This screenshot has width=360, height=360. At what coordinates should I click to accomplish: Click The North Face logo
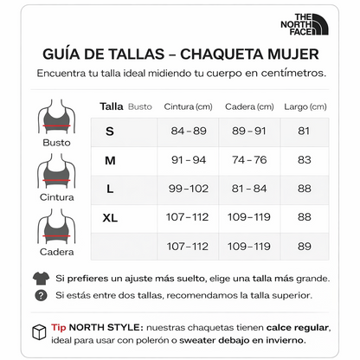coord(310,23)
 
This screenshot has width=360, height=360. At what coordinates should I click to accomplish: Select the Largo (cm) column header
coord(304,106)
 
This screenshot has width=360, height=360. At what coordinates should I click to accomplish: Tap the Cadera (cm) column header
coord(248,106)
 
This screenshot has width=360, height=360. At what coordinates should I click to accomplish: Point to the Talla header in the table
coord(111,106)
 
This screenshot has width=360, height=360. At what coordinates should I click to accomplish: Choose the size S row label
coord(110,131)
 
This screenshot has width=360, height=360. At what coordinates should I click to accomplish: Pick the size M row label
coord(110,160)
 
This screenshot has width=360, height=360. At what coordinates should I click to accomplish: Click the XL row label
coord(110,217)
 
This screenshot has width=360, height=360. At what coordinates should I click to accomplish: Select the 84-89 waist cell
coord(189,131)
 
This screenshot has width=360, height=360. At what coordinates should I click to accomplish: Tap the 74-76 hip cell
coord(249,160)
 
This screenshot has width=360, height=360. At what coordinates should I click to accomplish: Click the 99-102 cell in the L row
coord(189,189)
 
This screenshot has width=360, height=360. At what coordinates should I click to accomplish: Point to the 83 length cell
coord(304,160)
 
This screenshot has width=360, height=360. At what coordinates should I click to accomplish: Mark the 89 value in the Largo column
coord(304,246)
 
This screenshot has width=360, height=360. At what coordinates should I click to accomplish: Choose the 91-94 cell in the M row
coord(189,160)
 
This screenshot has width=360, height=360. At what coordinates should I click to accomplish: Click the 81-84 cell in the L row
coord(249,189)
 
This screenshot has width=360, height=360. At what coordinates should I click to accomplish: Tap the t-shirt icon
coord(41,279)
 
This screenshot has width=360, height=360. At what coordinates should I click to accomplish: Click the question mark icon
coord(41,296)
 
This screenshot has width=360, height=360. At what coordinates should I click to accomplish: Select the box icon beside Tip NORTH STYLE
coord(39,332)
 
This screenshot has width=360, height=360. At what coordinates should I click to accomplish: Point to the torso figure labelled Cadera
coord(56,228)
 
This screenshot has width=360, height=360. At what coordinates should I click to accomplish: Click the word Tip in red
coord(59,328)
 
